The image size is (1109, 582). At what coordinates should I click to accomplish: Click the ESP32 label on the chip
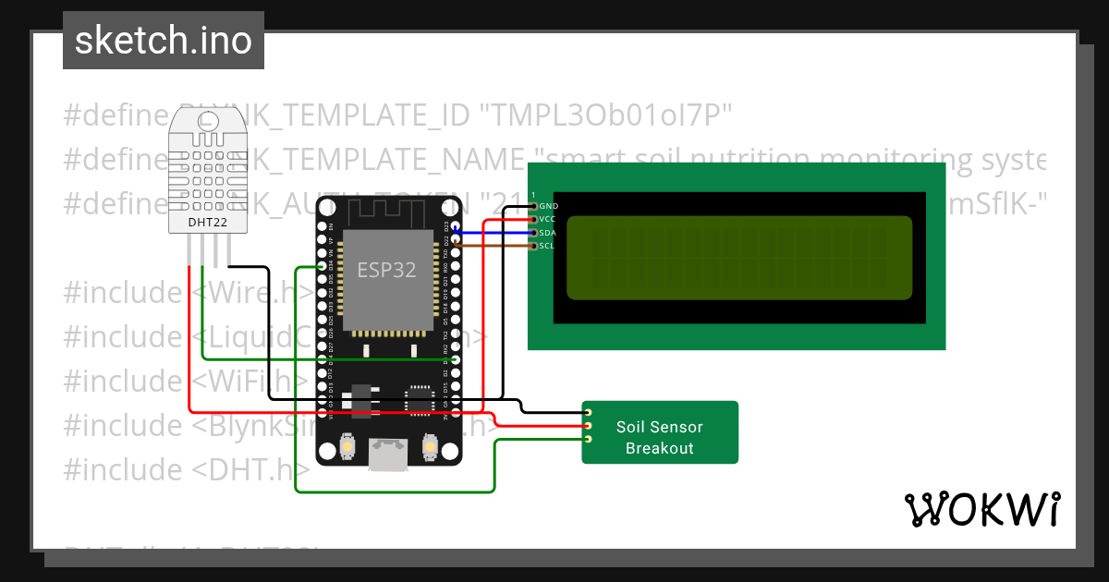[386, 270]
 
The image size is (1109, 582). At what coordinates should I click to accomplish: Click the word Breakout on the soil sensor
[659, 448]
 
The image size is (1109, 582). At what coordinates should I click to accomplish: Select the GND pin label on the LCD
[548, 206]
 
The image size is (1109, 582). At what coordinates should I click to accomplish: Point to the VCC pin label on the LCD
[548, 219]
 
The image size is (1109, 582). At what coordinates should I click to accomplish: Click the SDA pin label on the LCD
[548, 233]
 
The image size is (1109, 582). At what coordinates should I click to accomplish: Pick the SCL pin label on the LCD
[548, 246]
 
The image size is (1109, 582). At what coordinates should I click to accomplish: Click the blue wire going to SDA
[490, 233]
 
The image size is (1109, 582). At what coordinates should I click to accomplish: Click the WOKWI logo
[982, 509]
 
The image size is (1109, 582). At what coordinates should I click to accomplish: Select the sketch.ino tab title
[164, 41]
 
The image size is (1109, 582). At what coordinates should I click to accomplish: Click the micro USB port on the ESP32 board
[387, 454]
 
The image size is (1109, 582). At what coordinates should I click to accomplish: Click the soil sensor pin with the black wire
[588, 412]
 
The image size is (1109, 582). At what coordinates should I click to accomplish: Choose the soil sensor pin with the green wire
[588, 439]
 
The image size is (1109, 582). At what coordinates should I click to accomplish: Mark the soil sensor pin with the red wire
[588, 426]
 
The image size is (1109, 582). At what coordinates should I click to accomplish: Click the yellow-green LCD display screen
[738, 258]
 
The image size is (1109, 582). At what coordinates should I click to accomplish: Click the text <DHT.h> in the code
[250, 469]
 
